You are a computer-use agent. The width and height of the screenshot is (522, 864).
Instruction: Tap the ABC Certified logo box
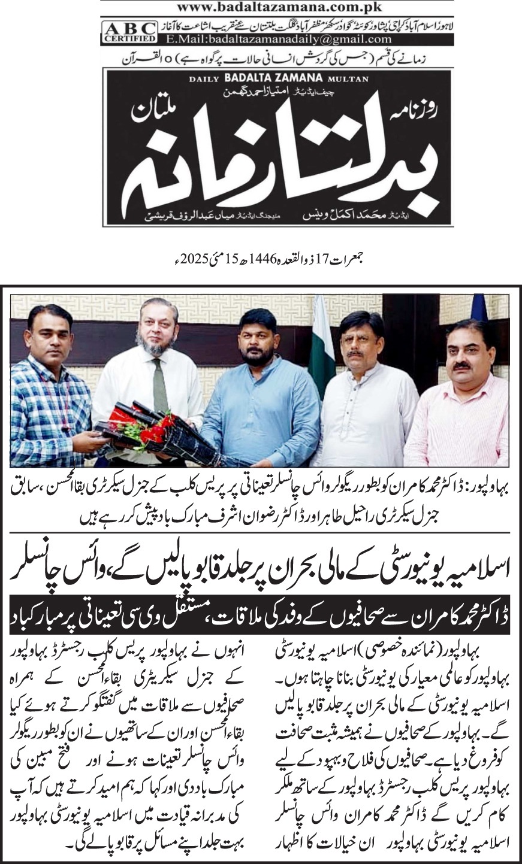129,32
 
